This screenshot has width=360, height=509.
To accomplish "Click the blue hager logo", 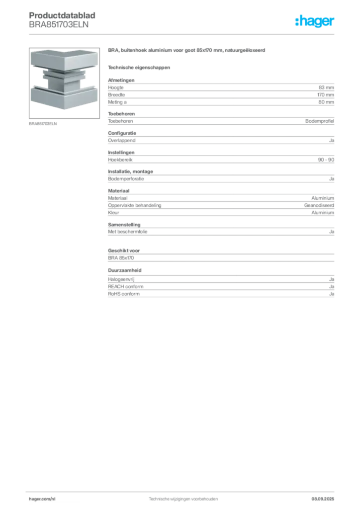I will pos(315,21).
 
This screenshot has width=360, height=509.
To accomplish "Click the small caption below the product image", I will pos(43,124).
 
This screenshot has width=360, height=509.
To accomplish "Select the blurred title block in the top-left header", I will pos(63,21).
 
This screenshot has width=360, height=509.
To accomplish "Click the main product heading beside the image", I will pos(187,52).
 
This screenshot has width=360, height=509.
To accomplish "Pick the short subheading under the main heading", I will pos(139,67).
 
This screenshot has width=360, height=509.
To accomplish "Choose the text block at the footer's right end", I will pos(326,498).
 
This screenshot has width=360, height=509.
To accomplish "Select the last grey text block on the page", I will pos(220,287).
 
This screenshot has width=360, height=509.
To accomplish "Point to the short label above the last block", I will pos(125,270).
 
